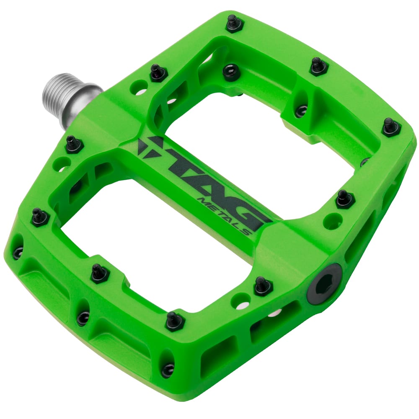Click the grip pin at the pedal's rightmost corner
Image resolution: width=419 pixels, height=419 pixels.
[391, 127]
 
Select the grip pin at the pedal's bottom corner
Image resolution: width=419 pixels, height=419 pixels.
[174, 321]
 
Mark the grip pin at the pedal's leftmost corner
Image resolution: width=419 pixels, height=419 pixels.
[40, 217]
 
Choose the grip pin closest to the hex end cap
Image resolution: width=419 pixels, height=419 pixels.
[263, 286]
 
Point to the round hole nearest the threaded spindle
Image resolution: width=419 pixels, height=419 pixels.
[137, 88]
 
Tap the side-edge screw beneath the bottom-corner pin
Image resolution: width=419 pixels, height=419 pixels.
[168, 369]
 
